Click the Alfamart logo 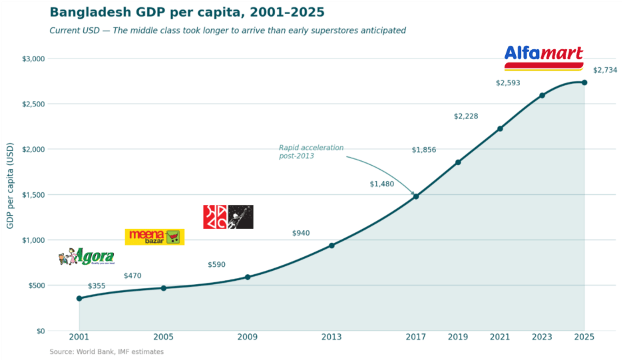pyautogui.click(x=544, y=57)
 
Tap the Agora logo pyautogui.click(x=87, y=256)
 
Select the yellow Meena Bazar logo pyautogui.click(x=154, y=236)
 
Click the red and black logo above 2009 pyautogui.click(x=228, y=217)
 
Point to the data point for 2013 pyautogui.click(x=331, y=246)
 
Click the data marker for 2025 pyautogui.click(x=584, y=83)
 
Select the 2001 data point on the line pyautogui.click(x=79, y=298)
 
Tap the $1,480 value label pyautogui.click(x=382, y=184)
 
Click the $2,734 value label pyautogui.click(x=605, y=70)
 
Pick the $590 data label pyautogui.click(x=216, y=265)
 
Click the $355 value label pyautogui.click(x=97, y=286)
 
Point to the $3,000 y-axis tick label pyautogui.click(x=33, y=59)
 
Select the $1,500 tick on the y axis pyautogui.click(x=33, y=195)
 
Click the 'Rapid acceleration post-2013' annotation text pyautogui.click(x=311, y=152)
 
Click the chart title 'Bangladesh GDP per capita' pyautogui.click(x=187, y=13)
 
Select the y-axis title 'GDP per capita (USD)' pyautogui.click(x=10, y=185)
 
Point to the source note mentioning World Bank pyautogui.click(x=106, y=351)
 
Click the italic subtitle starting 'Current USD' pyautogui.click(x=228, y=31)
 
